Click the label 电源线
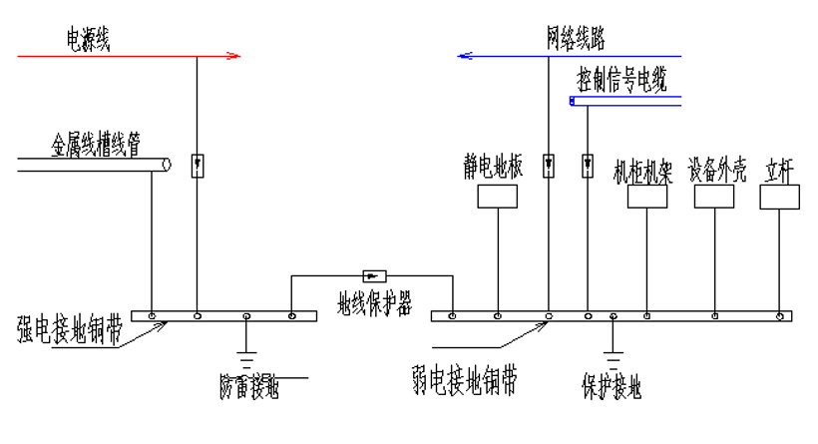(x=88, y=40)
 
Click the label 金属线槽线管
(x=96, y=143)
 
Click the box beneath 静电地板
(x=498, y=196)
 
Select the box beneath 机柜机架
(x=646, y=196)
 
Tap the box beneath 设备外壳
(x=713, y=196)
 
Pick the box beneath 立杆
(x=779, y=197)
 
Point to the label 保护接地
(x=613, y=385)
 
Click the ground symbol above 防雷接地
(x=247, y=356)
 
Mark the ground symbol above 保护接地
(x=613, y=357)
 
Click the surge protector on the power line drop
(x=198, y=164)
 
